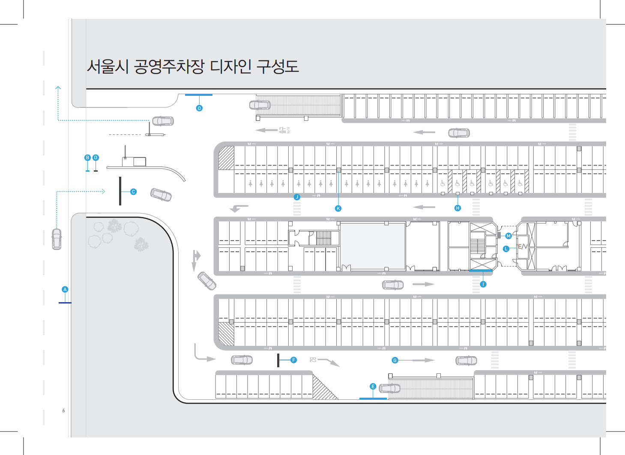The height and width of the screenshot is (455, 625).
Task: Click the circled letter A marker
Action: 65,289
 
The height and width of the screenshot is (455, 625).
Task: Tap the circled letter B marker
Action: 87,158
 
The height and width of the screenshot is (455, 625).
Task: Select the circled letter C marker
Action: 133,192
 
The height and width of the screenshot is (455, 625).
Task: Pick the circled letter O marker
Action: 199,108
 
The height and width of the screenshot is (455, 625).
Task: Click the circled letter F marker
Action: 293,360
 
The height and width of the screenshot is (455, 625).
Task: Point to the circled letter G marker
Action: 395,360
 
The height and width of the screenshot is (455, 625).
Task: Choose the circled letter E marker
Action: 373,387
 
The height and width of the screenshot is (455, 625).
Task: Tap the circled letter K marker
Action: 338,208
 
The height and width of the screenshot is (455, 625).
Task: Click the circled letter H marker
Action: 458,208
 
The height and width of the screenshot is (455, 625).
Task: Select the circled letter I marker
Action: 483,284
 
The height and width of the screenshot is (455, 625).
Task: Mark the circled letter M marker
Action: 508,236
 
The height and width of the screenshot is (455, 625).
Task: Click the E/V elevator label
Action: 523,247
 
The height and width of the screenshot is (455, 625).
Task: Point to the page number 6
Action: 64,410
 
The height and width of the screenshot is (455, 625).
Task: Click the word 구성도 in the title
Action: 277,67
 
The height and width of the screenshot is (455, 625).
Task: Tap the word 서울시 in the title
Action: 108,67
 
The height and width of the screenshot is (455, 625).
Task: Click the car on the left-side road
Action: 57,239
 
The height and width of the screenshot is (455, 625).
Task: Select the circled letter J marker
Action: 297,197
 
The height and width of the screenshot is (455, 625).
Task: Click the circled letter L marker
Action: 506,249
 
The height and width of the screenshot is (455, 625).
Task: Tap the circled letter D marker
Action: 96,158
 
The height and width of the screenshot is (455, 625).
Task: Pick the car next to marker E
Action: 389,389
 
